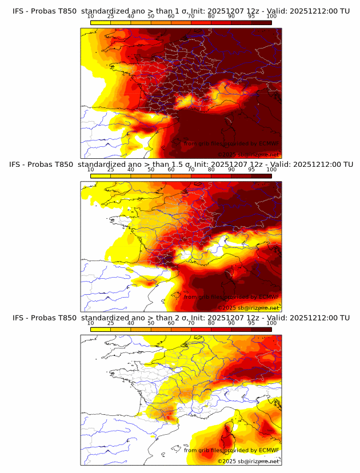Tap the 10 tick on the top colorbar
click(x=91, y=17)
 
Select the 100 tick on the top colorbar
click(x=271, y=17)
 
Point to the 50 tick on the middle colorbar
click(x=151, y=170)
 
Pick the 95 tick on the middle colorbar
click(x=251, y=170)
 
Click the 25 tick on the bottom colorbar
click(x=111, y=323)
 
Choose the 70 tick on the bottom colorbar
click(x=191, y=323)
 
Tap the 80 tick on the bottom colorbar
click(x=211, y=323)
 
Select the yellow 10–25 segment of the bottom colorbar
click(x=101, y=328)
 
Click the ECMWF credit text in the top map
click(x=231, y=144)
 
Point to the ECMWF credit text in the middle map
click(x=231, y=297)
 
